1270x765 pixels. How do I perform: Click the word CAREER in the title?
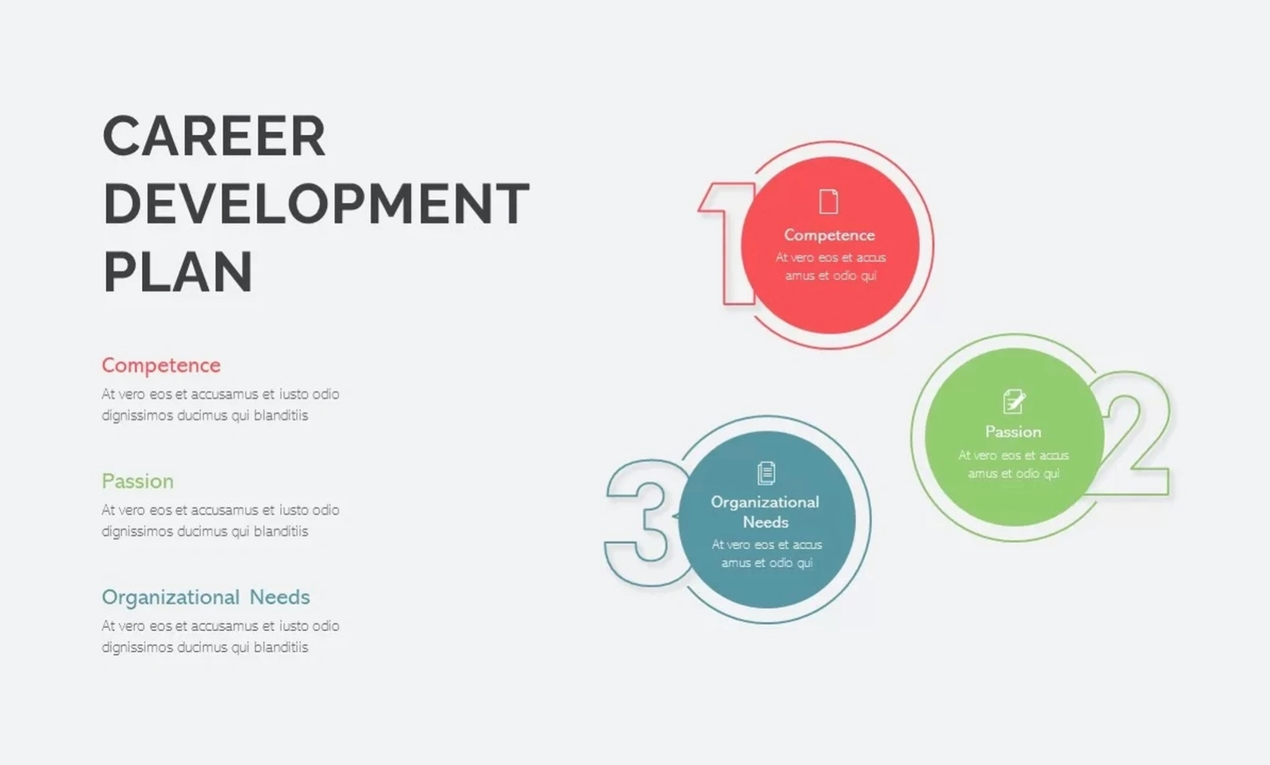point(215,136)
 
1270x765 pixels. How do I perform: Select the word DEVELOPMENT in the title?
point(317,203)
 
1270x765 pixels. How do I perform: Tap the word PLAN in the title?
point(178,272)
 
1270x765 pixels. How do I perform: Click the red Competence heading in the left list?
point(161,365)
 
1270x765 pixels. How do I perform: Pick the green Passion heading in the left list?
point(138,482)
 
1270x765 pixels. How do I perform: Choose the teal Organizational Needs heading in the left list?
point(206,597)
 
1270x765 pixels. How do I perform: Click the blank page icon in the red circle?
point(829,201)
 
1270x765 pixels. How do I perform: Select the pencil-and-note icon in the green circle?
point(1014,401)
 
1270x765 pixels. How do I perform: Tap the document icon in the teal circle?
point(766,473)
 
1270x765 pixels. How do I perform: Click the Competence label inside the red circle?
point(830,235)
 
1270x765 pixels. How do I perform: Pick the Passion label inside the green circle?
point(1013,432)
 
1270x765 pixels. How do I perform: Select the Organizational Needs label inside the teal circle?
point(765,512)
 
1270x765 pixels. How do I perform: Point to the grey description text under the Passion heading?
point(220,521)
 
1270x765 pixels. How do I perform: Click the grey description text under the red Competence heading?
point(220,404)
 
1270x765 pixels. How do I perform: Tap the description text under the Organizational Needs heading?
point(220,637)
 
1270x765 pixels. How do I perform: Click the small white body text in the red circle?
point(830,266)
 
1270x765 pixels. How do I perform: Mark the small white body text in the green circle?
point(1014,464)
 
